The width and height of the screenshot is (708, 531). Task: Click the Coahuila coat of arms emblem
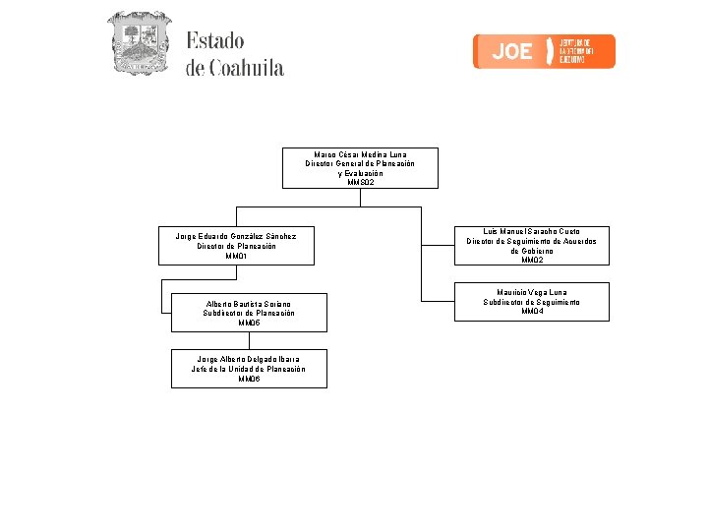coord(139,43)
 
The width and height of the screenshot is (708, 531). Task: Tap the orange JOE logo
coord(544,51)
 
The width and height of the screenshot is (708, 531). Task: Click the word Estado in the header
coord(214,41)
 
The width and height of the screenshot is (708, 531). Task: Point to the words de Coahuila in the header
coord(234,68)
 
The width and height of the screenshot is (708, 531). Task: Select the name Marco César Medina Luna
coord(360,154)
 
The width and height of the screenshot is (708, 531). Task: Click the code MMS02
coord(360,182)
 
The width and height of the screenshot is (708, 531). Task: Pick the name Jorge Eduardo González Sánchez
coord(236,236)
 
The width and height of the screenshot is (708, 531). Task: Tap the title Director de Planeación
coord(236,246)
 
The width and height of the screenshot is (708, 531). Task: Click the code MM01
coord(236,256)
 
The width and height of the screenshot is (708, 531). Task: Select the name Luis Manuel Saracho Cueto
coord(531,231)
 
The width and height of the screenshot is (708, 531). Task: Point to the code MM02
coord(531,261)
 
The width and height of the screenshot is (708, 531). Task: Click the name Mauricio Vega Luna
coord(531,292)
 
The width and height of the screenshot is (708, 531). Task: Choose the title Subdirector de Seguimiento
coord(531,302)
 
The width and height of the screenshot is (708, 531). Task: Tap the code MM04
coord(531,312)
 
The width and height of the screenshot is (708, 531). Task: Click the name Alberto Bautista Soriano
coord(249,303)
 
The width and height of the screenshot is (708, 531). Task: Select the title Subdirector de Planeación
coord(249,313)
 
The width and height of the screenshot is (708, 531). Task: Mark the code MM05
coord(249,323)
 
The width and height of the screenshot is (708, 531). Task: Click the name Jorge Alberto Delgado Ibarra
coord(249,359)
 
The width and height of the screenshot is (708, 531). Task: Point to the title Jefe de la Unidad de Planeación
coord(249,369)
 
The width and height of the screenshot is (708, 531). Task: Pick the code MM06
coord(249,379)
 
